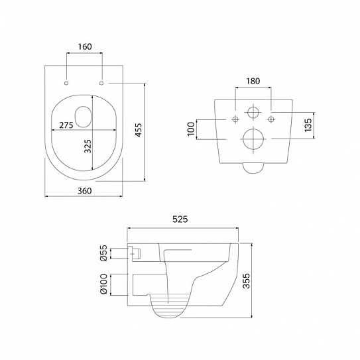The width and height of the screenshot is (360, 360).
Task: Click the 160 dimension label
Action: coord(85,46)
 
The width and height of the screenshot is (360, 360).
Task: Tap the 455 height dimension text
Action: coord(138,130)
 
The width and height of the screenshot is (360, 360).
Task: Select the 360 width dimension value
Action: coord(84,191)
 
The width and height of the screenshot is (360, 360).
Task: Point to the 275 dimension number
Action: coord(66,125)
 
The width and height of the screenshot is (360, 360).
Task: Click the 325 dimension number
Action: coord(88,147)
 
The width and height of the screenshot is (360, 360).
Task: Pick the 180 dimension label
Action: coord(253,81)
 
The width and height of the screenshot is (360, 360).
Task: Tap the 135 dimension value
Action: coord(308,125)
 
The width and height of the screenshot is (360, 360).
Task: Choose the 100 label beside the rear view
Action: coord(191,129)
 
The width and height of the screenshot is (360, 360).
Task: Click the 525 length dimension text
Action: coord(180,219)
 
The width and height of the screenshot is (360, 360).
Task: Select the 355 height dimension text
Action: coord(247,281)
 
